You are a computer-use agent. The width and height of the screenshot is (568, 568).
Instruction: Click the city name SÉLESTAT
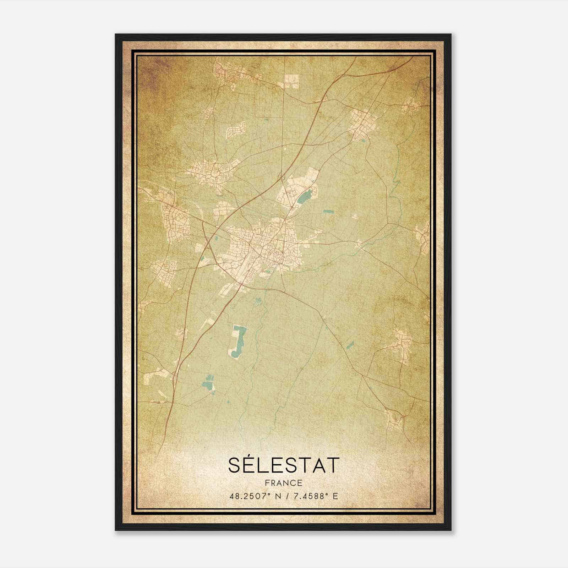[x=284, y=465]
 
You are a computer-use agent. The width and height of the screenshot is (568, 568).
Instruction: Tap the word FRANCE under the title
[x=284, y=483]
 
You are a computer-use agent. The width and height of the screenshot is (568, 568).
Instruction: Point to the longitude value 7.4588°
[x=308, y=496]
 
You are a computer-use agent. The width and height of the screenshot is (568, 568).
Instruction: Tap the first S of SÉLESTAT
[x=236, y=465]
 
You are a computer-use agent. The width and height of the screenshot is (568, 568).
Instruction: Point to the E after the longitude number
[x=335, y=496]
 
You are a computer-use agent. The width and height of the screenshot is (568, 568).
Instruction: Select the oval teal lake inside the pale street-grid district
[x=305, y=197]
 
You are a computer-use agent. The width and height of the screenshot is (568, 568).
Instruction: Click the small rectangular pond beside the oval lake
[x=328, y=212]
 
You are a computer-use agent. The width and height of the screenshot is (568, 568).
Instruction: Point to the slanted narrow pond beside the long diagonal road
[x=350, y=344]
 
